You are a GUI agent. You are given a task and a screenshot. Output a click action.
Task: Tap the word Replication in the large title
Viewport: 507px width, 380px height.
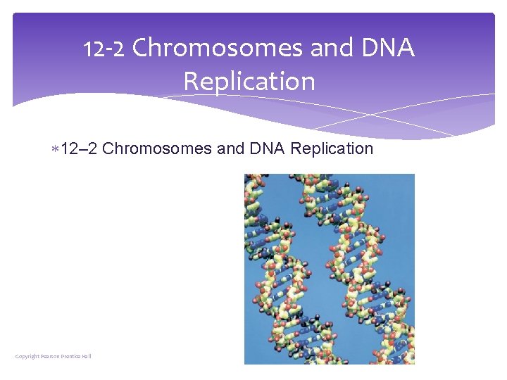[249, 81]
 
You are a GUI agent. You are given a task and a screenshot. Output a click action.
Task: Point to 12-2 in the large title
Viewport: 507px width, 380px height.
[104, 49]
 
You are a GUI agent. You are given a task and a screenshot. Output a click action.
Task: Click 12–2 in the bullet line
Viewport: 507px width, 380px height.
[80, 148]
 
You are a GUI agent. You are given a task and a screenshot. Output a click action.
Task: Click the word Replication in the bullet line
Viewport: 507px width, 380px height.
[332, 148]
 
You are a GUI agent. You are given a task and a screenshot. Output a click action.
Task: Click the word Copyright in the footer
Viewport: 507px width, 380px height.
[27, 356]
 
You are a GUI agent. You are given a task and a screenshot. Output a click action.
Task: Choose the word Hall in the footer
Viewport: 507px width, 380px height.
[87, 356]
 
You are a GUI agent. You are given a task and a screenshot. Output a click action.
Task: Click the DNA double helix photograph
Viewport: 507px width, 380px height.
[330, 269]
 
